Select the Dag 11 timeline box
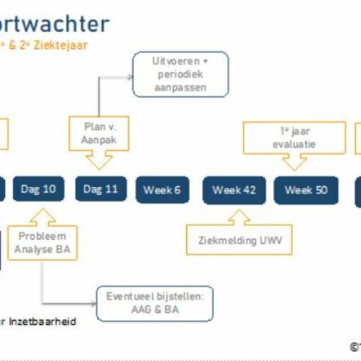100,190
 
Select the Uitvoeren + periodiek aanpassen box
180,75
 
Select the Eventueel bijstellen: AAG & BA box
156,303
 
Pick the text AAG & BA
156,309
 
